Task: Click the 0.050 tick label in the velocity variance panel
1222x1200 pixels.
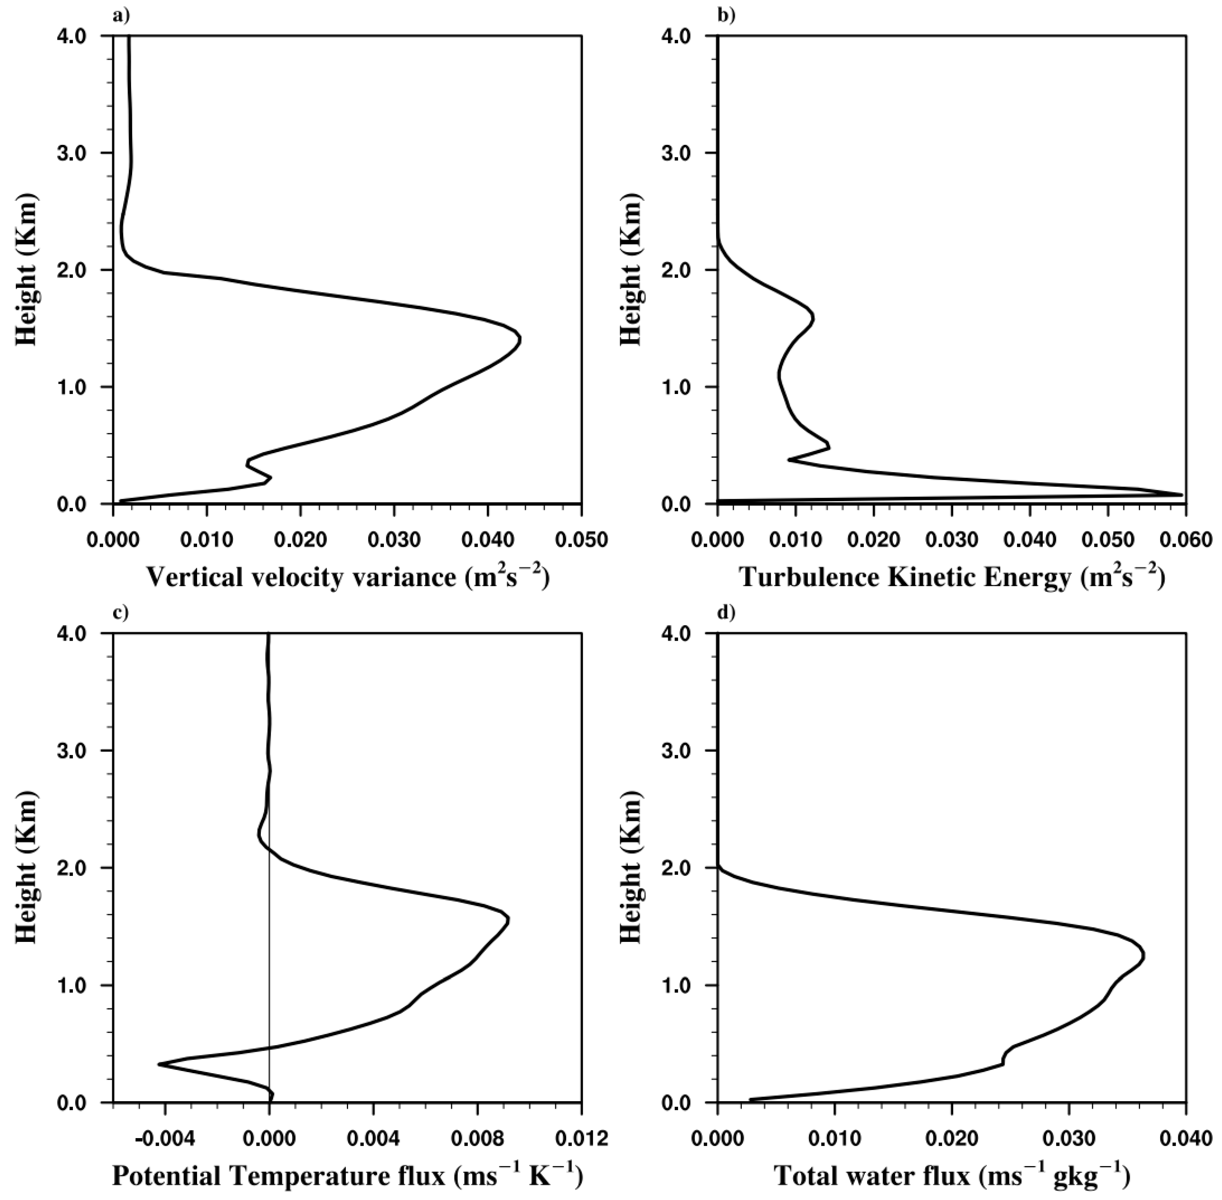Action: [581, 540]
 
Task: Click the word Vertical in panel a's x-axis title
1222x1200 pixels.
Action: [197, 577]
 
